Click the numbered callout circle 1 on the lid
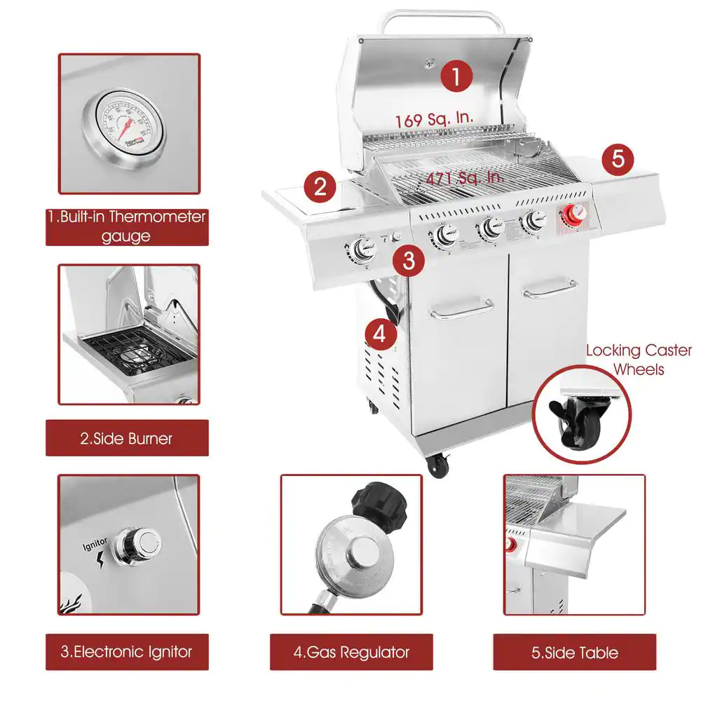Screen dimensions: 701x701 point(456,76)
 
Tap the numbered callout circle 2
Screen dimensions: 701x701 point(320,186)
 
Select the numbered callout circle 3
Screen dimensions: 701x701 point(409,261)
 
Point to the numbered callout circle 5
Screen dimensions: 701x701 point(617,158)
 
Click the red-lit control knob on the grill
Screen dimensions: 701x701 point(574,216)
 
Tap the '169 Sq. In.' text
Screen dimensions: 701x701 point(433,120)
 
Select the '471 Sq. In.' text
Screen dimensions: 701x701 point(465,178)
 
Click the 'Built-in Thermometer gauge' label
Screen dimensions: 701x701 point(127,226)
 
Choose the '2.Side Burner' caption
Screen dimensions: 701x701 point(127,439)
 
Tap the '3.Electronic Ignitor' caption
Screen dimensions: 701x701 point(127,651)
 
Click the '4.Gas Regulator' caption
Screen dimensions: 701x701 point(351,652)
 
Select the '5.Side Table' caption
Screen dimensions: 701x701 point(575,653)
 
